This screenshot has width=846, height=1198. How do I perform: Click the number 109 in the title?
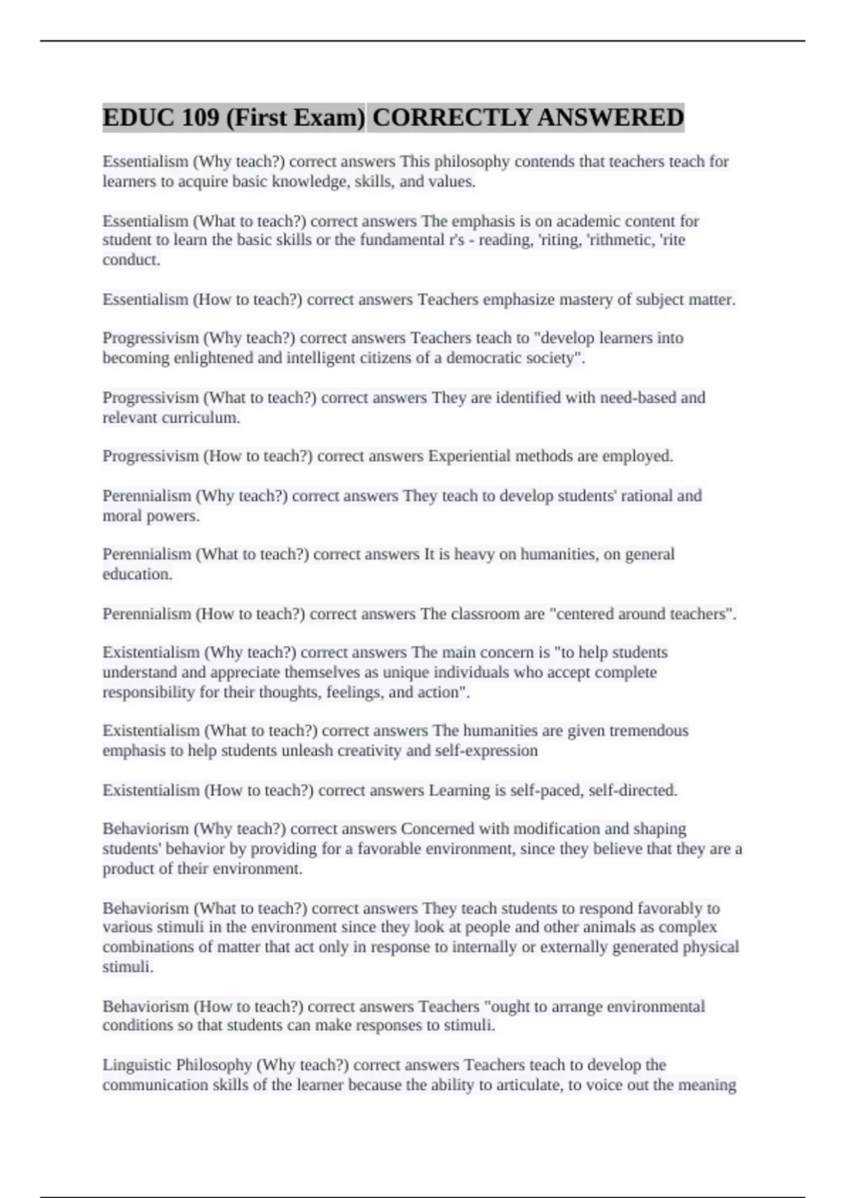tap(200, 117)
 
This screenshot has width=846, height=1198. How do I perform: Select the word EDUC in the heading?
tap(137, 117)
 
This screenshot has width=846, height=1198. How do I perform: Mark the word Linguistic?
tap(137, 1064)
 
